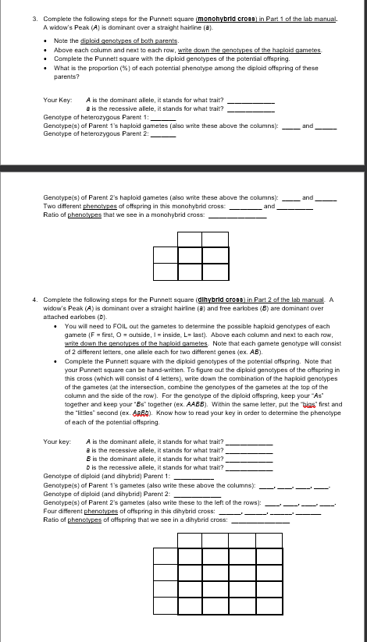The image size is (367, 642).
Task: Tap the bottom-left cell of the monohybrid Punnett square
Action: tap(166, 271)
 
